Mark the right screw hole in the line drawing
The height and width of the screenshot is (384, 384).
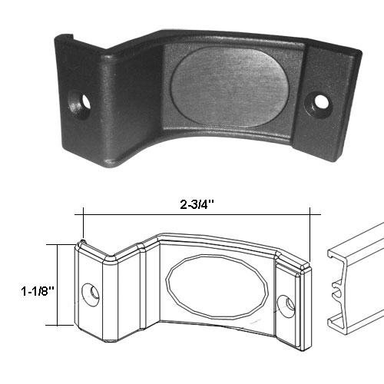(290, 303)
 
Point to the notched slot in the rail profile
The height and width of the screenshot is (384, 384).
(336, 292)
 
